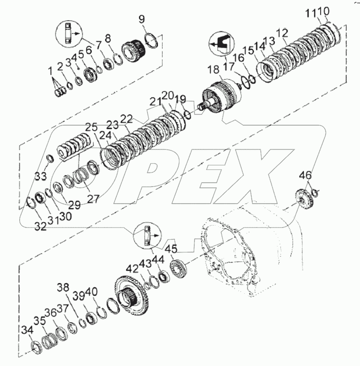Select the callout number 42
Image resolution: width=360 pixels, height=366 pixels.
click(x=132, y=269)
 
